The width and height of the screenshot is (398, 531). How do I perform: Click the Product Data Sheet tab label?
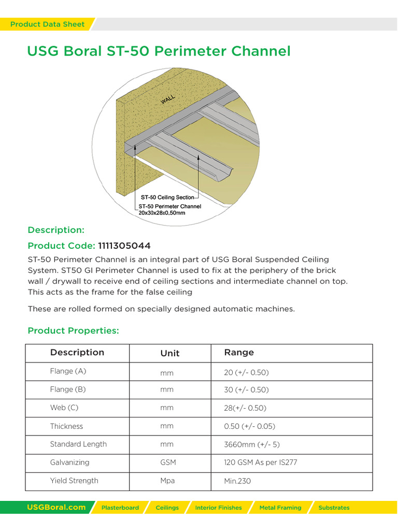(47, 24)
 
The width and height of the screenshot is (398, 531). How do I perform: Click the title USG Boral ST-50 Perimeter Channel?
(159, 51)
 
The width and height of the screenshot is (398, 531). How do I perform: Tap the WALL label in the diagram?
(168, 100)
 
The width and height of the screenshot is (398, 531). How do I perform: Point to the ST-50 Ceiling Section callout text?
(167, 197)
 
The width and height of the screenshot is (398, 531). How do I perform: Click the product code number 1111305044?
(124, 245)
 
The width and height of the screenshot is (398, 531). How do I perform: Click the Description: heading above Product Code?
(56, 230)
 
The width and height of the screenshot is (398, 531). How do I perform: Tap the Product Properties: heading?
(73, 331)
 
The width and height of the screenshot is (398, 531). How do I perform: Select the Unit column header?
(170, 353)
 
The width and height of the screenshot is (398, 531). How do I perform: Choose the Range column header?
(239, 353)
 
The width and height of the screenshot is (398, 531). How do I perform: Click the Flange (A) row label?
(68, 371)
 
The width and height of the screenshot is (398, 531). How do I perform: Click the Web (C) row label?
(64, 408)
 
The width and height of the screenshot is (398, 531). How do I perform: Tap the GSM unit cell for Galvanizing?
(168, 463)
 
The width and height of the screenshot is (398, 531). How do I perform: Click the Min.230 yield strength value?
(237, 481)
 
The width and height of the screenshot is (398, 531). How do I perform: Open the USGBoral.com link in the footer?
(56, 508)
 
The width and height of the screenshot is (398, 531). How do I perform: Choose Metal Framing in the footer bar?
(280, 508)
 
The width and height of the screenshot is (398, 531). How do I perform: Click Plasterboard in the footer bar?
(120, 508)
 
